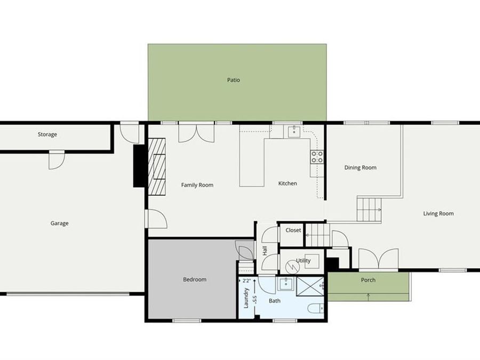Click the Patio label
[x=233, y=80]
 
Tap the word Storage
[x=47, y=134]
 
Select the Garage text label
[x=59, y=223]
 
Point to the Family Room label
[x=197, y=185]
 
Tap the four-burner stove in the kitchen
[x=317, y=156]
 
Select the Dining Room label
[x=360, y=167]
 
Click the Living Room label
[x=438, y=213]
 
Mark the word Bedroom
[x=194, y=279]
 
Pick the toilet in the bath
[x=316, y=309]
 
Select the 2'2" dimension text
[x=246, y=281]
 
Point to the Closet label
[x=293, y=230]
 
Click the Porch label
[x=368, y=280]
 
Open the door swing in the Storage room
[x=56, y=160]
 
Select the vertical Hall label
[x=265, y=250]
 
